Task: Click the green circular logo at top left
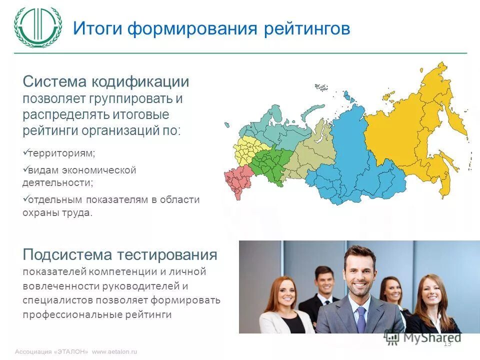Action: [38, 27]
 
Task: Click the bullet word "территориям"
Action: [61, 153]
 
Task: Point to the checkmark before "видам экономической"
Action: [25, 170]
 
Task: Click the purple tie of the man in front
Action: [361, 319]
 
